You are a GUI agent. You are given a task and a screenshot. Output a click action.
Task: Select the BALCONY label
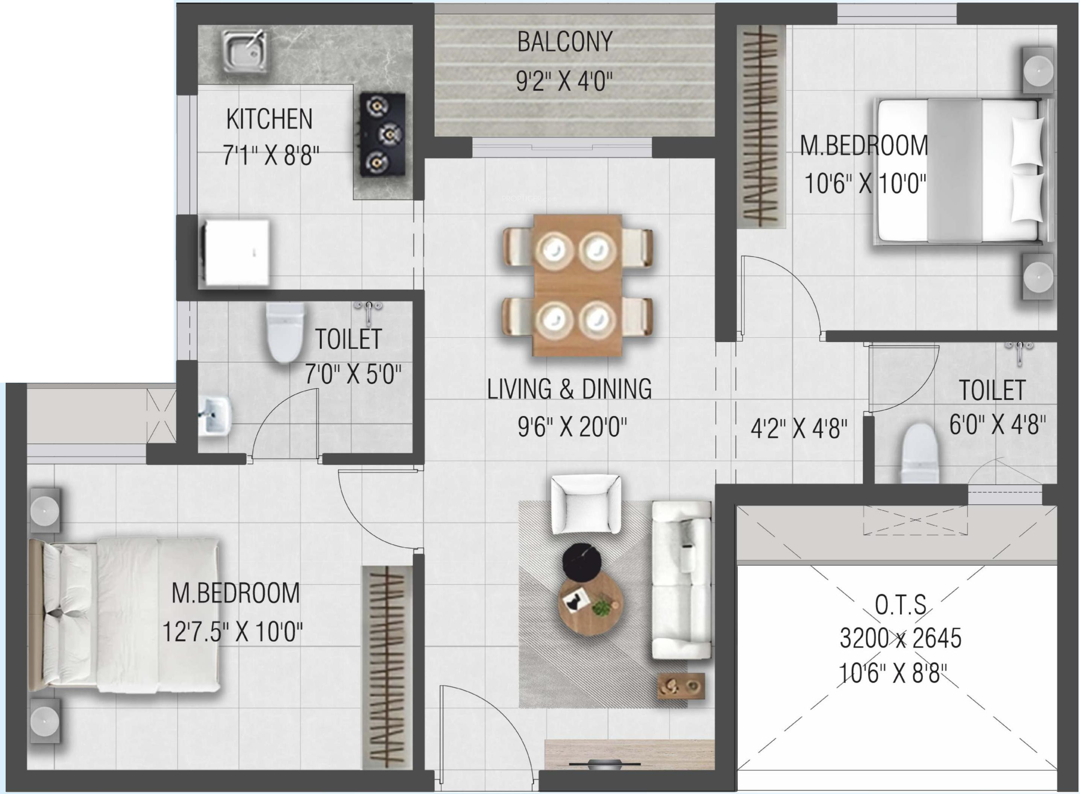click(x=565, y=42)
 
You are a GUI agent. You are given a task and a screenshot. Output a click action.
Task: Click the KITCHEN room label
click(x=269, y=119)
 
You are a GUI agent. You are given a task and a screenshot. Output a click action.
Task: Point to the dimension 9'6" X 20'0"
click(x=572, y=426)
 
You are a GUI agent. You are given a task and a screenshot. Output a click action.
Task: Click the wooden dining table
click(x=577, y=285)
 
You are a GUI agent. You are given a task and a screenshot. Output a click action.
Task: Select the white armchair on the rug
click(x=586, y=504)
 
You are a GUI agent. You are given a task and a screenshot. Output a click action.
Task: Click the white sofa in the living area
click(x=681, y=580)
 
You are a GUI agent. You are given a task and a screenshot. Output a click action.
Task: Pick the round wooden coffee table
click(x=591, y=606)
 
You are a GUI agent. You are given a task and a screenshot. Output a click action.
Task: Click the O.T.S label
click(x=900, y=605)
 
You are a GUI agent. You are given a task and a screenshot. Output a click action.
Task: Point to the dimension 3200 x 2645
click(x=900, y=638)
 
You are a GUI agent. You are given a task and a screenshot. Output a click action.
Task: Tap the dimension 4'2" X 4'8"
click(x=799, y=428)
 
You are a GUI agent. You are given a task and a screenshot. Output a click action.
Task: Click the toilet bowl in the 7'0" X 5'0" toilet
click(x=285, y=332)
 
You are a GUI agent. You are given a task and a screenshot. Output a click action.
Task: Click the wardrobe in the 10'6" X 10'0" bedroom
click(x=761, y=126)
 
